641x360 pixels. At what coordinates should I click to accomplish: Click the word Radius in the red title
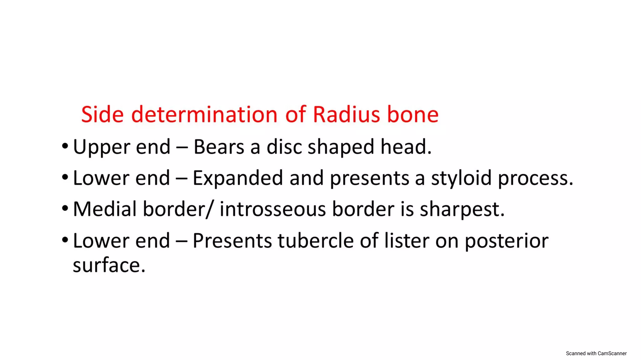pos(346,114)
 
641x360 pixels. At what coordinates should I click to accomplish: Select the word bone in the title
pos(413,114)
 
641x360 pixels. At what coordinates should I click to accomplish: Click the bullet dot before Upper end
pos(65,146)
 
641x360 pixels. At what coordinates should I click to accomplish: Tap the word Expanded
pos(238,178)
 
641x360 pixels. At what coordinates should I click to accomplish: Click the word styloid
pos(461,178)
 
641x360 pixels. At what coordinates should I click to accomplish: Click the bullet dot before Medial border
pos(65,208)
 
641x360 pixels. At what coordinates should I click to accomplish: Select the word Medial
pos(105,209)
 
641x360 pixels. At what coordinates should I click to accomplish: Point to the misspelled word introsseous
pos(273,209)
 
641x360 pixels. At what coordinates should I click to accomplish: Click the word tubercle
pos(315,241)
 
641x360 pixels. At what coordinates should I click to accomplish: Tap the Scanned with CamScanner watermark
pos(596,353)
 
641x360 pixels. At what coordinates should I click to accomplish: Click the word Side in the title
pos(102,114)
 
